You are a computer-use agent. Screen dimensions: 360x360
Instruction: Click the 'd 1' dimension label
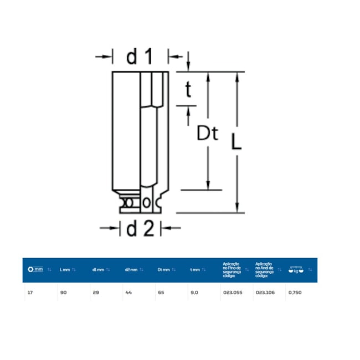coord(139,56)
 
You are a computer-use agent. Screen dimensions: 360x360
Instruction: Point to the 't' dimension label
coord(189,90)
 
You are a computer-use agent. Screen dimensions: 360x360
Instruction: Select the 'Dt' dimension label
coord(207,133)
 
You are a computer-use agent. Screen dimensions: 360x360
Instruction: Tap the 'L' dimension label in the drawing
coord(235,142)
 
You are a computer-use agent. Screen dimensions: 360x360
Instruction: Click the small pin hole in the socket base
coord(146,203)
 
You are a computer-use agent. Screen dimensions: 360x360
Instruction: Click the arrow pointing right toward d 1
coord(104,56)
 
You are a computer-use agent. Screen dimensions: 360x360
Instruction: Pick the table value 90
coord(63,292)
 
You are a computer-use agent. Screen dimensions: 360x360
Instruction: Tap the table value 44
coord(127,292)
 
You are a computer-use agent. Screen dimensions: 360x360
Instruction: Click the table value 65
coord(161,292)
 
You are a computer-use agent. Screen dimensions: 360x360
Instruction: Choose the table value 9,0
coord(193,292)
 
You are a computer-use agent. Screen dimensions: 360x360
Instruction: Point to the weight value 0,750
coord(295,292)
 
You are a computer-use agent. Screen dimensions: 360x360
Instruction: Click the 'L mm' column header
coord(65,270)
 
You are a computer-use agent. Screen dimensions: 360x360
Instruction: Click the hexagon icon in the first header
coord(30,269)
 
